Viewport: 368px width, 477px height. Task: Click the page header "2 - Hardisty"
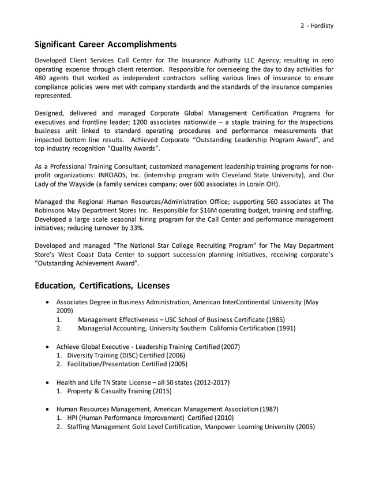(317, 25)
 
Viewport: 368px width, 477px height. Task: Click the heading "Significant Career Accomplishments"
(106, 44)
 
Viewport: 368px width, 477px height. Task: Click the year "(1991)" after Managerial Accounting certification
(284, 328)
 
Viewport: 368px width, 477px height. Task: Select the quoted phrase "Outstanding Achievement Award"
(87, 263)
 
